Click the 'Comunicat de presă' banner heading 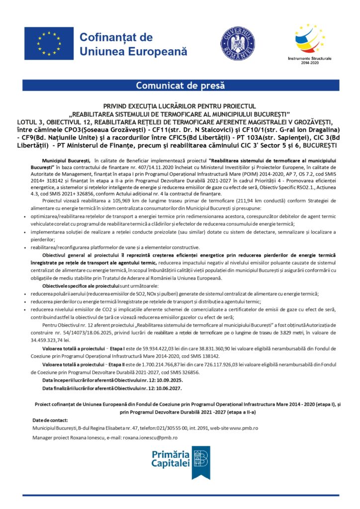click(180, 85)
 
